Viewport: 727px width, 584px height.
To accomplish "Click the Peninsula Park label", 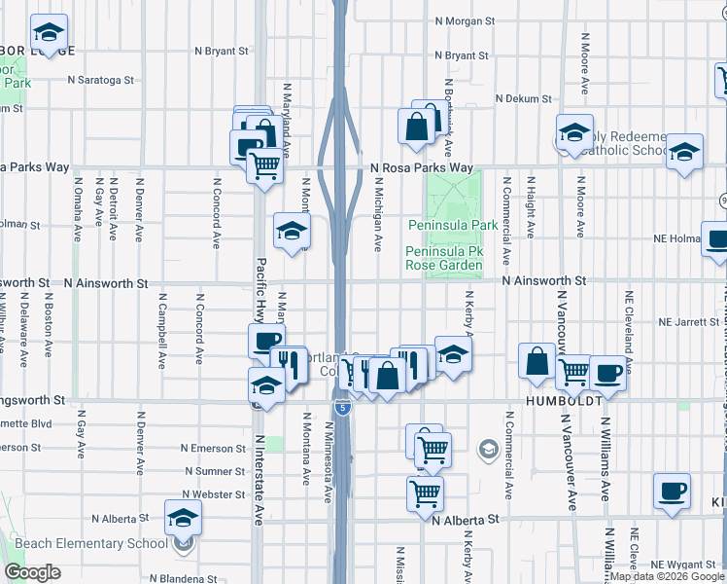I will [x=452, y=226].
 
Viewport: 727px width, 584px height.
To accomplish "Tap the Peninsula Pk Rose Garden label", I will [x=443, y=258].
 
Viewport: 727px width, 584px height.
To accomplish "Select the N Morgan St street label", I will [x=466, y=20].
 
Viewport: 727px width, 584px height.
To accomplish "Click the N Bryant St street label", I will [x=224, y=50].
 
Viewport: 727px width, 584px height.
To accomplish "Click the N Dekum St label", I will [x=523, y=98].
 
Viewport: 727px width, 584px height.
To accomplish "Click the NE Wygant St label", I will [x=683, y=565].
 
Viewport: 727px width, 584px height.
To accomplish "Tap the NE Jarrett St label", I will [x=689, y=320].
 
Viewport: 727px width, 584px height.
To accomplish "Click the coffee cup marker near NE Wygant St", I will [x=673, y=491].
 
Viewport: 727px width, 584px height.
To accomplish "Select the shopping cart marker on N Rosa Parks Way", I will [x=265, y=164].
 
